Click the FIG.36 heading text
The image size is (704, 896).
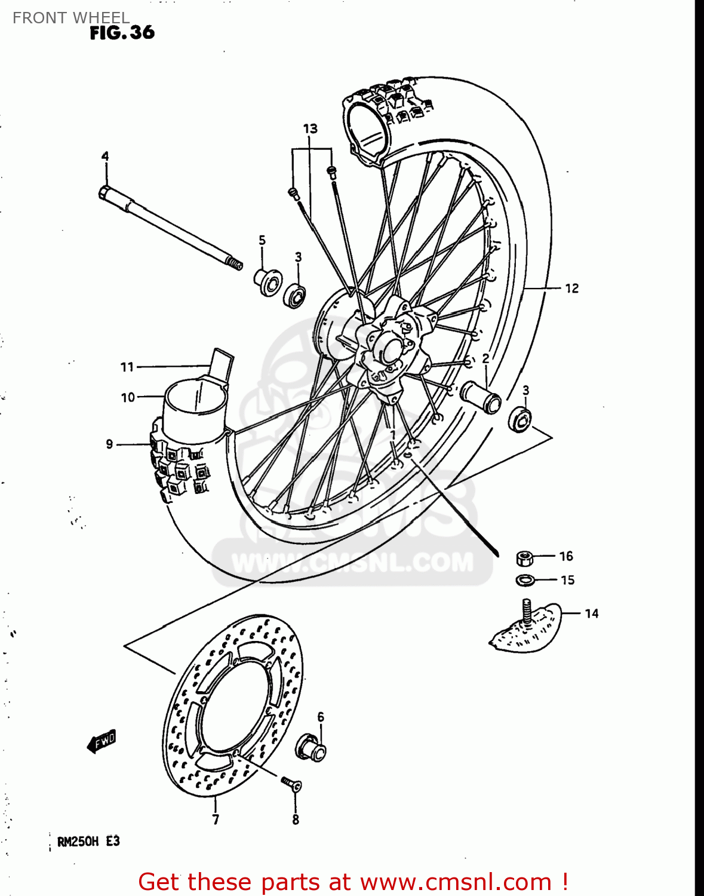pos(122,32)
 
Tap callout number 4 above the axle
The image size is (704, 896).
pos(105,157)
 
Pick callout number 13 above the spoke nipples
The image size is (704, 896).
pos(310,128)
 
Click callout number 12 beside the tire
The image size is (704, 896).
pos(571,289)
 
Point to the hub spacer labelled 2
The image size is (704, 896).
pos(481,395)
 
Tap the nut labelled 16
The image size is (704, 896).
pos(524,559)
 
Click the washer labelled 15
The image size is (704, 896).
pos(525,579)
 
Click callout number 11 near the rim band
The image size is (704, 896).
pos(127,367)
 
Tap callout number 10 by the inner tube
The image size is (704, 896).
pos(128,397)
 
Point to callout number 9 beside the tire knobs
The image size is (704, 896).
pos(109,444)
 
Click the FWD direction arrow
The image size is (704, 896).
pos(102,742)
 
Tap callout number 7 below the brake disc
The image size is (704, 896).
pos(216,820)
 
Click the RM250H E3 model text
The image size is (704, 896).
pos(88,842)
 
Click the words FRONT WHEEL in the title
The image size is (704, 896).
pos(70,18)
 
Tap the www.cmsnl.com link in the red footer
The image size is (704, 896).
pos(456,882)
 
